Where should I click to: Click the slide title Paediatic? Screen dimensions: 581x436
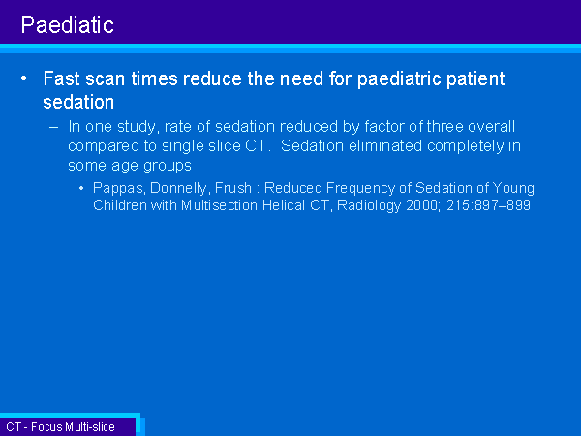pyautogui.click(x=68, y=25)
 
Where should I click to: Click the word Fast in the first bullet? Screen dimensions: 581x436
pyautogui.click(x=62, y=78)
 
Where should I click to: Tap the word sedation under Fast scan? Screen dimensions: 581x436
pyautogui.click(x=78, y=102)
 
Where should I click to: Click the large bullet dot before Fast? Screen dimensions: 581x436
pyautogui.click(x=24, y=78)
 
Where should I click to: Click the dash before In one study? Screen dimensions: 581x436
pyautogui.click(x=53, y=127)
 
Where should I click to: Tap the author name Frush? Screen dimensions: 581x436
pyautogui.click(x=233, y=188)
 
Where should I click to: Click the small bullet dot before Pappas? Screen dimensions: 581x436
pyautogui.click(x=81, y=188)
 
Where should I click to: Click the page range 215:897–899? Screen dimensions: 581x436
pyautogui.click(x=489, y=205)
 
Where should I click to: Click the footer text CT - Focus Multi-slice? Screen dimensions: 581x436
pyautogui.click(x=60, y=427)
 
